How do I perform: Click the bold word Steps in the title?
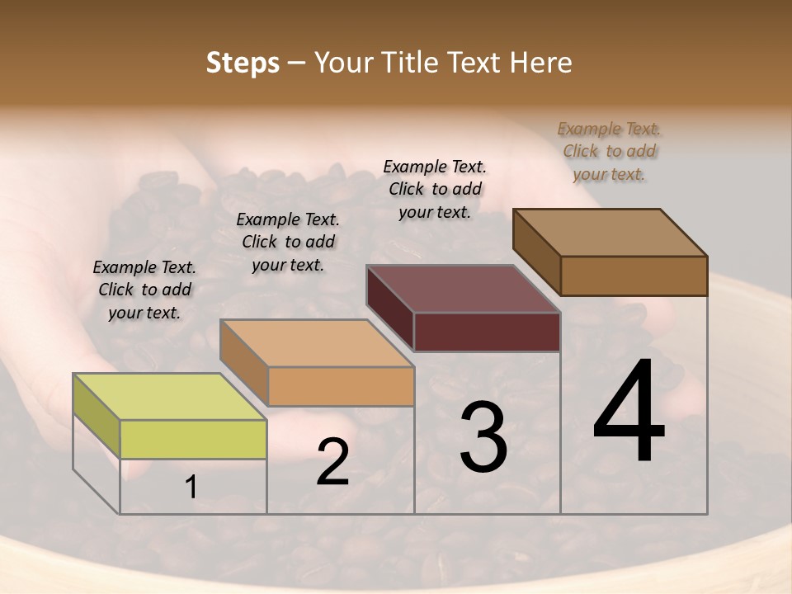[x=242, y=63]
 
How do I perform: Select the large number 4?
[x=629, y=412]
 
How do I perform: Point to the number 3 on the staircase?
[x=483, y=437]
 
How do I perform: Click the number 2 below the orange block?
[x=332, y=462]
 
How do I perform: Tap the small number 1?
[x=191, y=488]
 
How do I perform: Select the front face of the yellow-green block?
[x=193, y=439]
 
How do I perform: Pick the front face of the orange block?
[x=341, y=386]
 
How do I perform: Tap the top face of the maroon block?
[x=463, y=289]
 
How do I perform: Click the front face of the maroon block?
[x=487, y=332]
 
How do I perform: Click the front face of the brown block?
[x=634, y=276]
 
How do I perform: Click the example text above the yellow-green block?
[x=144, y=290]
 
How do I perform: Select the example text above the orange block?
[x=288, y=242]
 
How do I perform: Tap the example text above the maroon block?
[x=435, y=189]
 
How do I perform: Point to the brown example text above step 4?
[x=609, y=151]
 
